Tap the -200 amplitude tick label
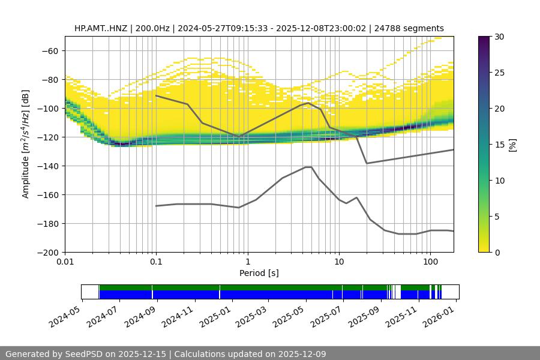pyautogui.click(x=49, y=253)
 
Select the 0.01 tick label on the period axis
pyautogui.click(x=65, y=262)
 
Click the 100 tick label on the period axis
pyautogui.click(x=430, y=262)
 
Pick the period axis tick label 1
pyautogui.click(x=247, y=262)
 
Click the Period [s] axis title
pyautogui.click(x=259, y=274)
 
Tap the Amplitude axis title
pyautogui.click(x=26, y=144)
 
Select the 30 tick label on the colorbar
pyautogui.click(x=499, y=37)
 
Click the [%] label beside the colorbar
pyautogui.click(x=512, y=144)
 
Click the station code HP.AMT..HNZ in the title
pyautogui.click(x=100, y=28)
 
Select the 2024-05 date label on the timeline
pyautogui.click(x=64, y=314)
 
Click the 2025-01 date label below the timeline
pyautogui.click(x=213, y=314)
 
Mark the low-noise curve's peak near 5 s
pyautogui.click(x=308, y=167)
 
